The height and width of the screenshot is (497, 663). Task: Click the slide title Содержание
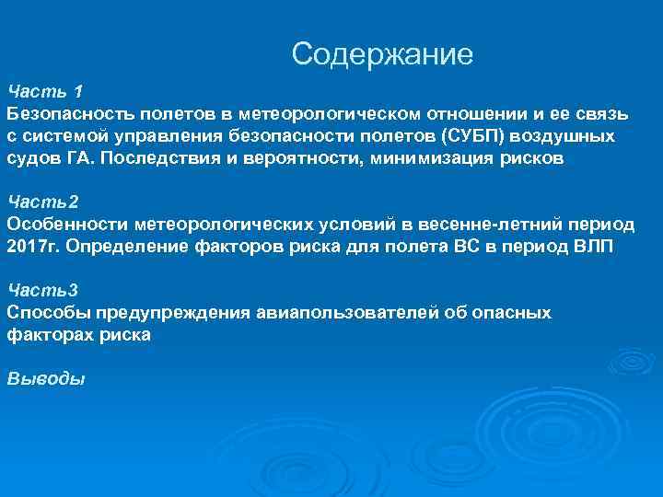[382, 54]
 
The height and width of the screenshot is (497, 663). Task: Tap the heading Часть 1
[45, 91]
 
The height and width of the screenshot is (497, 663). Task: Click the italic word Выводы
[45, 378]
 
